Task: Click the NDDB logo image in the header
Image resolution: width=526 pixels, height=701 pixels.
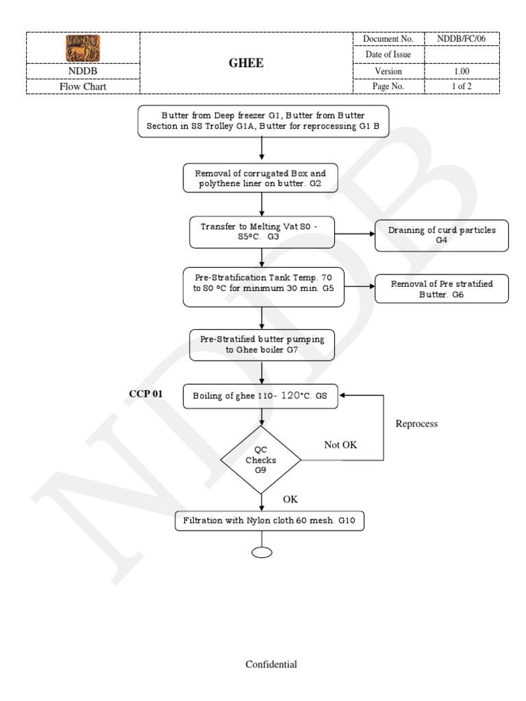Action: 83,47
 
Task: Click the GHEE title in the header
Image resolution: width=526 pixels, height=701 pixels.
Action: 246,63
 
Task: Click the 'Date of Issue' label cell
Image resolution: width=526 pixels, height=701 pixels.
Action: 388,55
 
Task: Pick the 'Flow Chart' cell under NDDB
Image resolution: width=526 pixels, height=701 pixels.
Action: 83,87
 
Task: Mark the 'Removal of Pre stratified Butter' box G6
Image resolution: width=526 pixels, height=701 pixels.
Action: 442,288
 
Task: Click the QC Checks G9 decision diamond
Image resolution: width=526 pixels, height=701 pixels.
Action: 260,460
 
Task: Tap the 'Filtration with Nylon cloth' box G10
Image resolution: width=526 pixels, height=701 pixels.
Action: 268,521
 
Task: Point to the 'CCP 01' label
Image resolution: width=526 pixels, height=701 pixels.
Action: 146,394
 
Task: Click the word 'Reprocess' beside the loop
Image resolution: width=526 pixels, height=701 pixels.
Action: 416,424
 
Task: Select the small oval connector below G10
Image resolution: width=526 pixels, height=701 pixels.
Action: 262,552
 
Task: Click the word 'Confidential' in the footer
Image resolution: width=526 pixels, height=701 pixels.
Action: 271,664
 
